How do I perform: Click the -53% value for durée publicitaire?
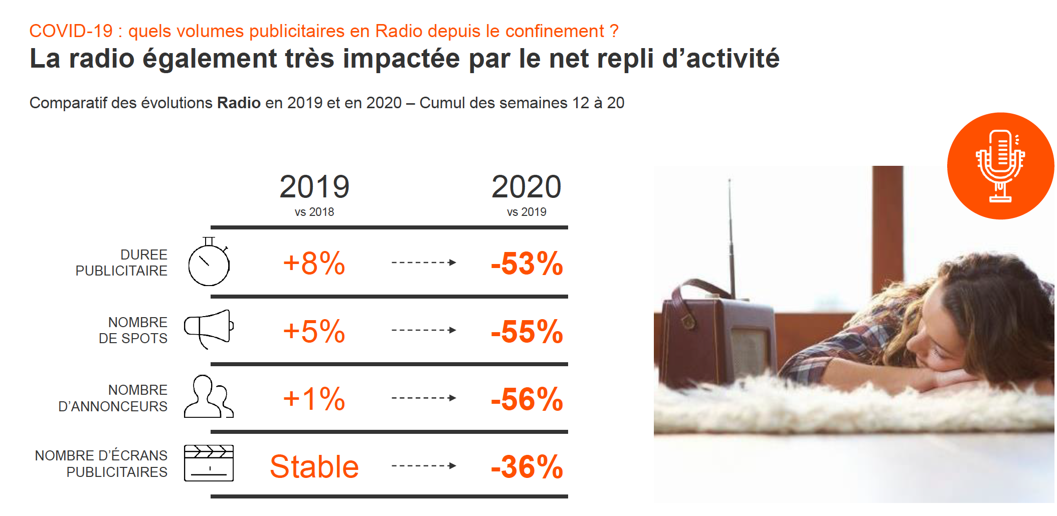pos(526,264)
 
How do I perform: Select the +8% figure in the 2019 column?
pos(314,264)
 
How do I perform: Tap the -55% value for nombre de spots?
pos(526,331)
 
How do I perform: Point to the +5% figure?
pos(314,331)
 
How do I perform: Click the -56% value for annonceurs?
pos(526,399)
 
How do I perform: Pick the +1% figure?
pos(314,399)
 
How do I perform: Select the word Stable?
pos(314,467)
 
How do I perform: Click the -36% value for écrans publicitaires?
pos(526,467)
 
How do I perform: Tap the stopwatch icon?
pos(209,263)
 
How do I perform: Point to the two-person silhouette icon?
pos(208,397)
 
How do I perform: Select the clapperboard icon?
pos(209,463)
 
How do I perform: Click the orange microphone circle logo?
pos(1000,166)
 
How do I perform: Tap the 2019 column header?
pos(314,187)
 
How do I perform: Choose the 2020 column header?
pos(526,187)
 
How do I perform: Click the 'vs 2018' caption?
pos(314,212)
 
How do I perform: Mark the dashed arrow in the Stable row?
pos(424,466)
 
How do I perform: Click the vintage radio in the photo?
pos(717,336)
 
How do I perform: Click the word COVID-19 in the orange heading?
pos(71,31)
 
